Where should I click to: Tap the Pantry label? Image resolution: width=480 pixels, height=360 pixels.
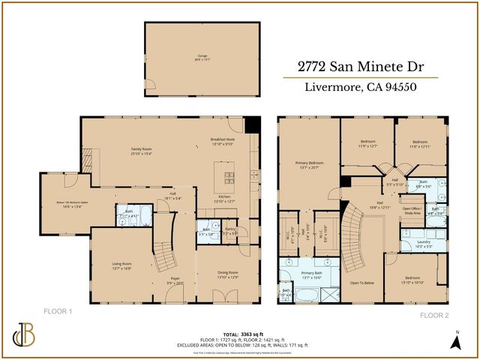coord(229,232)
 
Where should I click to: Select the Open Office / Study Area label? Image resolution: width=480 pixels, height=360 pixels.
coord(412,211)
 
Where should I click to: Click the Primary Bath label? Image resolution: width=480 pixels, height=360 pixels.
coord(310,274)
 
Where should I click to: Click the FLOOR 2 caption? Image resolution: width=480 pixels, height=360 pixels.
coord(433,315)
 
